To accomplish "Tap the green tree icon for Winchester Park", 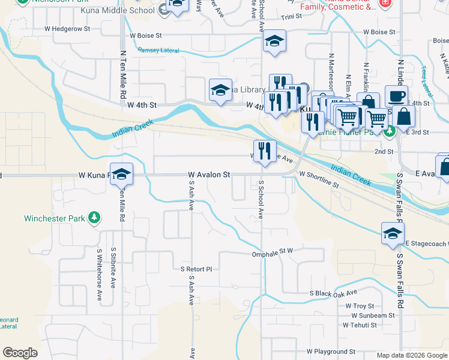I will tap(94, 218).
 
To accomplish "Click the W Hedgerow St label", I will tap(67, 28).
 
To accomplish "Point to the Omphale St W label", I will tap(271, 254).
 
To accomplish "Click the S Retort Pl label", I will tap(197, 269).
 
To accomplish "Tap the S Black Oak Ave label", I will tap(333, 293).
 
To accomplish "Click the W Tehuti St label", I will tap(360, 325).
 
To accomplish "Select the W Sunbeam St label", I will tap(373, 315).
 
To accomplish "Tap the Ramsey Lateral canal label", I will tap(158, 50).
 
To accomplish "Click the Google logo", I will tap(20, 353).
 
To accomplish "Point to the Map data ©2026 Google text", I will tap(412, 355).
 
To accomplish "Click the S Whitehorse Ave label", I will tap(99, 274).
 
